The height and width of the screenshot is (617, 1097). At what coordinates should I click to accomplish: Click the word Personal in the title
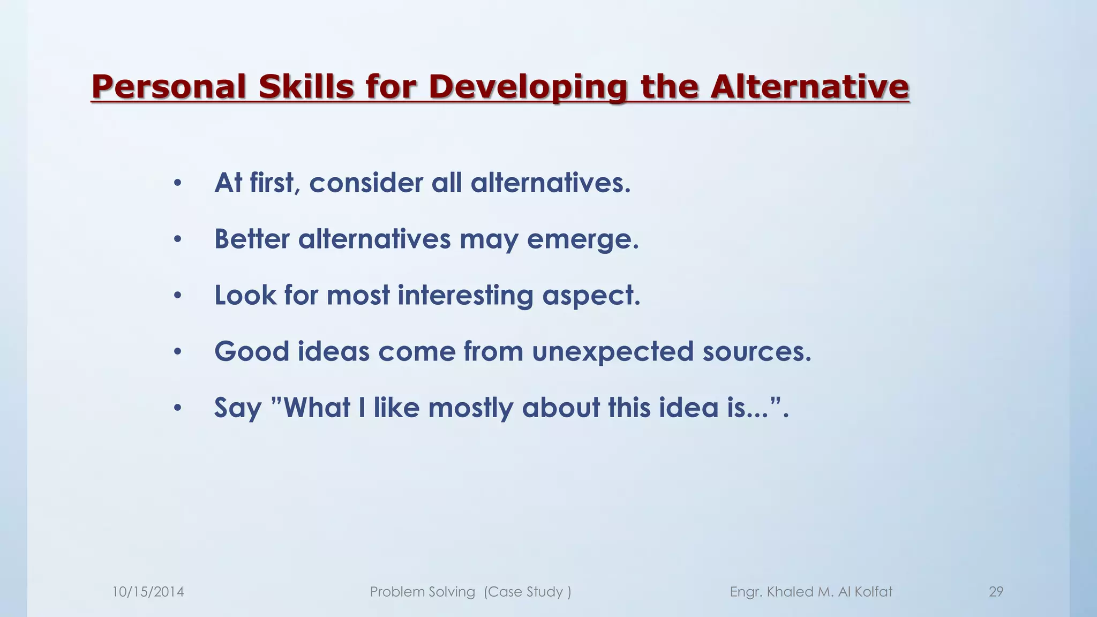(169, 87)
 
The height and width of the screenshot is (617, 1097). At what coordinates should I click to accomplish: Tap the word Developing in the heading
(528, 87)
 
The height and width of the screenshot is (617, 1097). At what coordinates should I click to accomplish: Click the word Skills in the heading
(306, 87)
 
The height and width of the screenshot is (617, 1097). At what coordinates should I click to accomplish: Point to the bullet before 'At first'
(178, 184)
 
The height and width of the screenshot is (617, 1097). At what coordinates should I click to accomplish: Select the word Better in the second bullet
(252, 239)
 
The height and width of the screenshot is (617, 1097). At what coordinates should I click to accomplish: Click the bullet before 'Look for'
(178, 296)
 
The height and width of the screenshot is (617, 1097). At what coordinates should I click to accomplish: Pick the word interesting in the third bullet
(465, 296)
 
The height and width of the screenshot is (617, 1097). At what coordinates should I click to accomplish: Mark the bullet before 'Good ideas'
(178, 352)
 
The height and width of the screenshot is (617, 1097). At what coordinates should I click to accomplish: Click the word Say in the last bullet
(238, 408)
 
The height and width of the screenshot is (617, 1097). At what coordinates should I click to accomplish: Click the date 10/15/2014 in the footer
(148, 592)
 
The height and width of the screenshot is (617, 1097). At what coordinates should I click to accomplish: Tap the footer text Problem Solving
(422, 592)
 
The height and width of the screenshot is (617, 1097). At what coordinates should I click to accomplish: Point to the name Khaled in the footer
(790, 592)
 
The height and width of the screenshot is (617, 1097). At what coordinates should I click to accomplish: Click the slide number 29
(996, 592)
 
